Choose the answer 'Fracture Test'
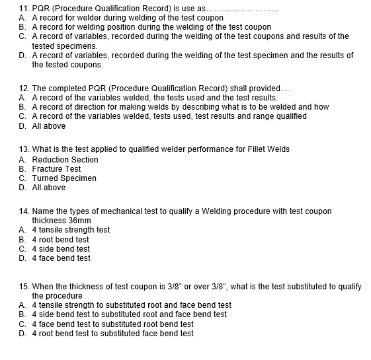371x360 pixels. tap(56, 169)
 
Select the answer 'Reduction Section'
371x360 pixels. tap(65, 160)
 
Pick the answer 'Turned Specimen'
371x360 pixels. tap(64, 178)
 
